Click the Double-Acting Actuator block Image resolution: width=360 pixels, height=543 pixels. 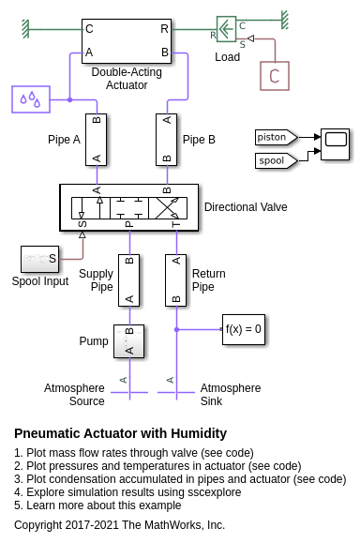click(127, 41)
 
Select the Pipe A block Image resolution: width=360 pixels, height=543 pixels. click(97, 140)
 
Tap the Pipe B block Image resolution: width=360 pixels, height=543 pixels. click(167, 140)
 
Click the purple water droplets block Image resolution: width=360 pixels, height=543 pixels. click(31, 99)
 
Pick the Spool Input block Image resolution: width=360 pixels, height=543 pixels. click(39, 259)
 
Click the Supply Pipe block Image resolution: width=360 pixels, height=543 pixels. click(128, 280)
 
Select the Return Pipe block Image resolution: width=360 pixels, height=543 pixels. click(176, 280)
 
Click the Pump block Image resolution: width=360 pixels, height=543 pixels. click(128, 341)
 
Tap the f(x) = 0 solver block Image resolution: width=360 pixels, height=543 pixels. click(244, 329)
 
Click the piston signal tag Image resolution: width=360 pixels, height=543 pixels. click(277, 137)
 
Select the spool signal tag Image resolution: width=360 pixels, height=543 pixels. click(277, 160)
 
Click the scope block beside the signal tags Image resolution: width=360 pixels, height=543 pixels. click(335, 144)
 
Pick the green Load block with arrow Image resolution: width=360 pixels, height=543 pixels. click(226, 29)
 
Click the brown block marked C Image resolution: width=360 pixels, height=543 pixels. click(275, 76)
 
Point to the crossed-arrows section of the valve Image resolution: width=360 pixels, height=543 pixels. click(168, 208)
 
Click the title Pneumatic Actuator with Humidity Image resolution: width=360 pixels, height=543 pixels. click(120, 433)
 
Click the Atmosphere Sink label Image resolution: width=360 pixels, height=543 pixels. click(231, 395)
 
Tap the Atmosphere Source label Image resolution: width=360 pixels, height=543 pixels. click(74, 395)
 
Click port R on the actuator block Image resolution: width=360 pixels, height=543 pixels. click(164, 29)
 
